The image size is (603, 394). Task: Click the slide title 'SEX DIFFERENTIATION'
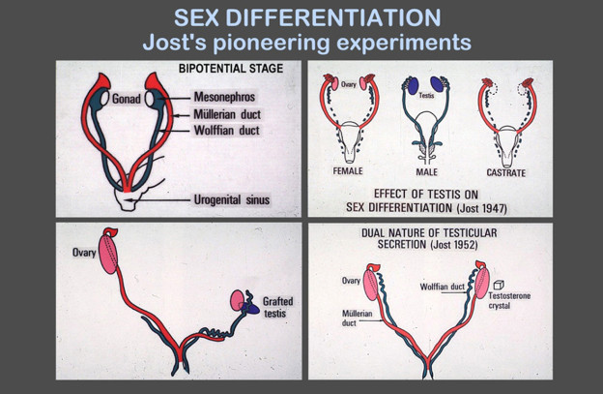[301, 17]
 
